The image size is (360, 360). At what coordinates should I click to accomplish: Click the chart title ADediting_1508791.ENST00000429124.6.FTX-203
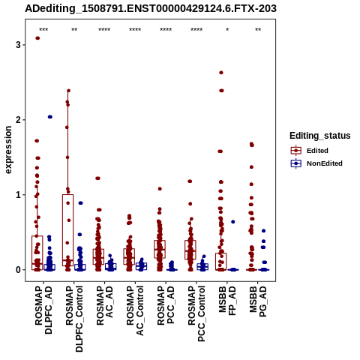(x=151, y=9)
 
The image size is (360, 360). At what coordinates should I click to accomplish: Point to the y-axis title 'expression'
(x=8, y=150)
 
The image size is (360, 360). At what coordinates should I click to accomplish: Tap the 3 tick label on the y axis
(x=18, y=45)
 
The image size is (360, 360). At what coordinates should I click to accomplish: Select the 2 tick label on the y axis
(x=18, y=120)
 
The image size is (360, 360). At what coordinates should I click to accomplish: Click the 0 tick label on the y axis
(x=18, y=270)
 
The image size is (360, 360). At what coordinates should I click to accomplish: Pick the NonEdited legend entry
(x=316, y=163)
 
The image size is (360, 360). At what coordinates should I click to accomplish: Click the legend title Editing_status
(x=320, y=136)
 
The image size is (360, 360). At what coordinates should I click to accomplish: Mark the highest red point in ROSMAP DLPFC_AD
(x=37, y=38)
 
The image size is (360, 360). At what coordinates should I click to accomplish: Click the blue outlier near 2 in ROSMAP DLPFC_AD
(x=50, y=117)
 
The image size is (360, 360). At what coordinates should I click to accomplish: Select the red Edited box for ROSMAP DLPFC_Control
(x=67, y=230)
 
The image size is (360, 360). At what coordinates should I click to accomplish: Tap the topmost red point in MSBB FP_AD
(x=221, y=73)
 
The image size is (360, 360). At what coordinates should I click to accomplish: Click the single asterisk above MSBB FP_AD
(x=227, y=29)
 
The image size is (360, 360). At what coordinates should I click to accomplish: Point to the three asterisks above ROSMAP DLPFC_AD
(x=43, y=29)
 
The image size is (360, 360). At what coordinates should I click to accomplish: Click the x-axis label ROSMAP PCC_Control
(x=196, y=313)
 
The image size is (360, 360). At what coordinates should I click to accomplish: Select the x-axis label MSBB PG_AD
(x=258, y=301)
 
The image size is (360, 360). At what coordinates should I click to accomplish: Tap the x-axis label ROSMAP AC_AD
(x=104, y=305)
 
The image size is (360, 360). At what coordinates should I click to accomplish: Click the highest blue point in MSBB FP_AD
(x=233, y=222)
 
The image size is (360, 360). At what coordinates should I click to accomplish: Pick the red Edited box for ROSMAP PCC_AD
(x=160, y=249)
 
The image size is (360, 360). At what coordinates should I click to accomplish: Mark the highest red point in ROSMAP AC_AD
(x=97, y=178)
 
